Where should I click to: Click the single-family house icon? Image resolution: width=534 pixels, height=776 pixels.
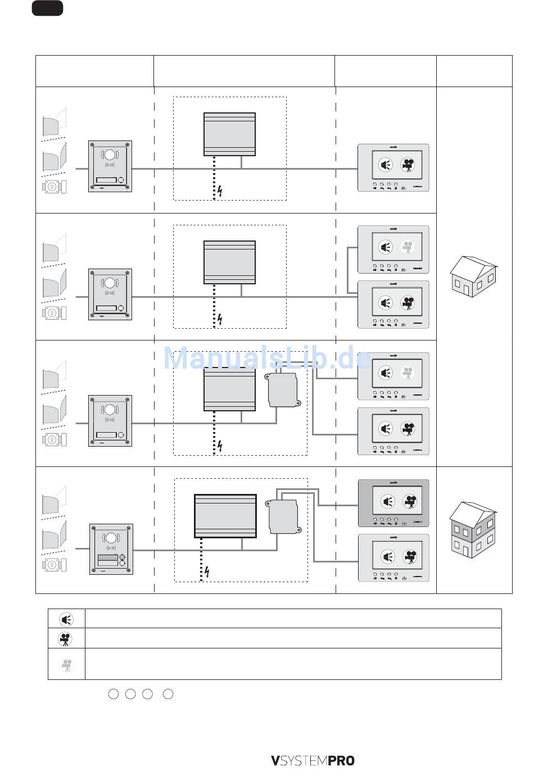pos(473,276)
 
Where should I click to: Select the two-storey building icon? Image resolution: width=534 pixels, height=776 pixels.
pos(473,529)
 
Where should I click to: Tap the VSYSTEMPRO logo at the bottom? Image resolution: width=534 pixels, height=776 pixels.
pos(313,761)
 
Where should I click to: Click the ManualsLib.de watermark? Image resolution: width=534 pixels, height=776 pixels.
pos(267,358)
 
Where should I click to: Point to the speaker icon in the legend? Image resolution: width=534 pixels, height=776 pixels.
pos(66,619)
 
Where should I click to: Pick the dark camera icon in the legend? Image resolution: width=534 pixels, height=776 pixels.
pos(66,639)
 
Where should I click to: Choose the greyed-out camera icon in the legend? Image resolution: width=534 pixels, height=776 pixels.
pos(66,665)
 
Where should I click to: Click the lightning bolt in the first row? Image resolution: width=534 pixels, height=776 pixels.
pos(220,191)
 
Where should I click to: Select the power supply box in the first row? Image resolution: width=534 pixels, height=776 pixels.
pos(229,134)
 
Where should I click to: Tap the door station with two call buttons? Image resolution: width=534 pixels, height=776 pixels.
pos(111,549)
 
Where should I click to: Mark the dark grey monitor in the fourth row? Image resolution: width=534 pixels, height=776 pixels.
pos(393,503)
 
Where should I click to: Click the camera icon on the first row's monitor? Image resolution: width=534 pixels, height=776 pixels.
pos(408,165)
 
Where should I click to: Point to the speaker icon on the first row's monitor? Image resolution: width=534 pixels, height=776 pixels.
pos(385,165)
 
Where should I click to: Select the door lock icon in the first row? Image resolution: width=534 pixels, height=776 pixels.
pos(54,187)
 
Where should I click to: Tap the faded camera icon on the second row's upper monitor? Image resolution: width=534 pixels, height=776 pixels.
pos(408,247)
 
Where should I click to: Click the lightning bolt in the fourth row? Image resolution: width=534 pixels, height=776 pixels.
pos(207,572)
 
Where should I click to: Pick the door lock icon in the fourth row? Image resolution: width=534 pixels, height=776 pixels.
pos(54,564)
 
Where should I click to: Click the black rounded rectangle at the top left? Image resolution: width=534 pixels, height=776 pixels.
pos(47,8)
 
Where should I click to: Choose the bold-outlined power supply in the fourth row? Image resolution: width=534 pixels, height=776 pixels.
pos(225,516)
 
